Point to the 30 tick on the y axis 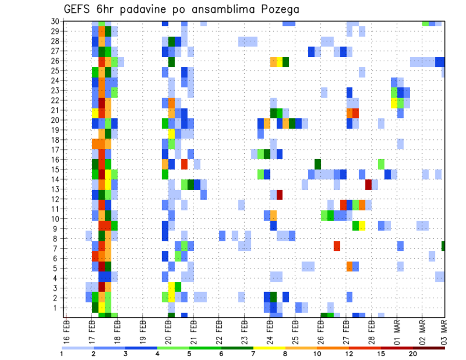click(56, 21)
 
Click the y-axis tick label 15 click(56, 170)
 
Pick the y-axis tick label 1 click(58, 308)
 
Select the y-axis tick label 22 click(56, 100)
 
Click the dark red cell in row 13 click(368, 184)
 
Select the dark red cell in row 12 click(280, 195)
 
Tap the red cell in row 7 click(337, 246)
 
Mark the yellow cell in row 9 click(362, 226)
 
